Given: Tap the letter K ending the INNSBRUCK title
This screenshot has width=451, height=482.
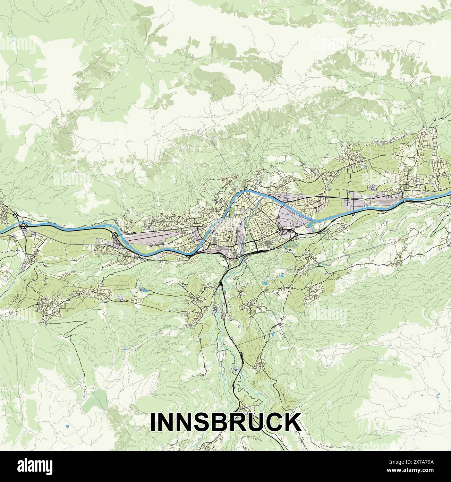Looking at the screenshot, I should coord(291,422).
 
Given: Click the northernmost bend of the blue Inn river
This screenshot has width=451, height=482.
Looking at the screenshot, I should coord(247,190).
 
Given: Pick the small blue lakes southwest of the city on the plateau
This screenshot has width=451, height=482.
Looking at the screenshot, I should coord(142,288).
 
